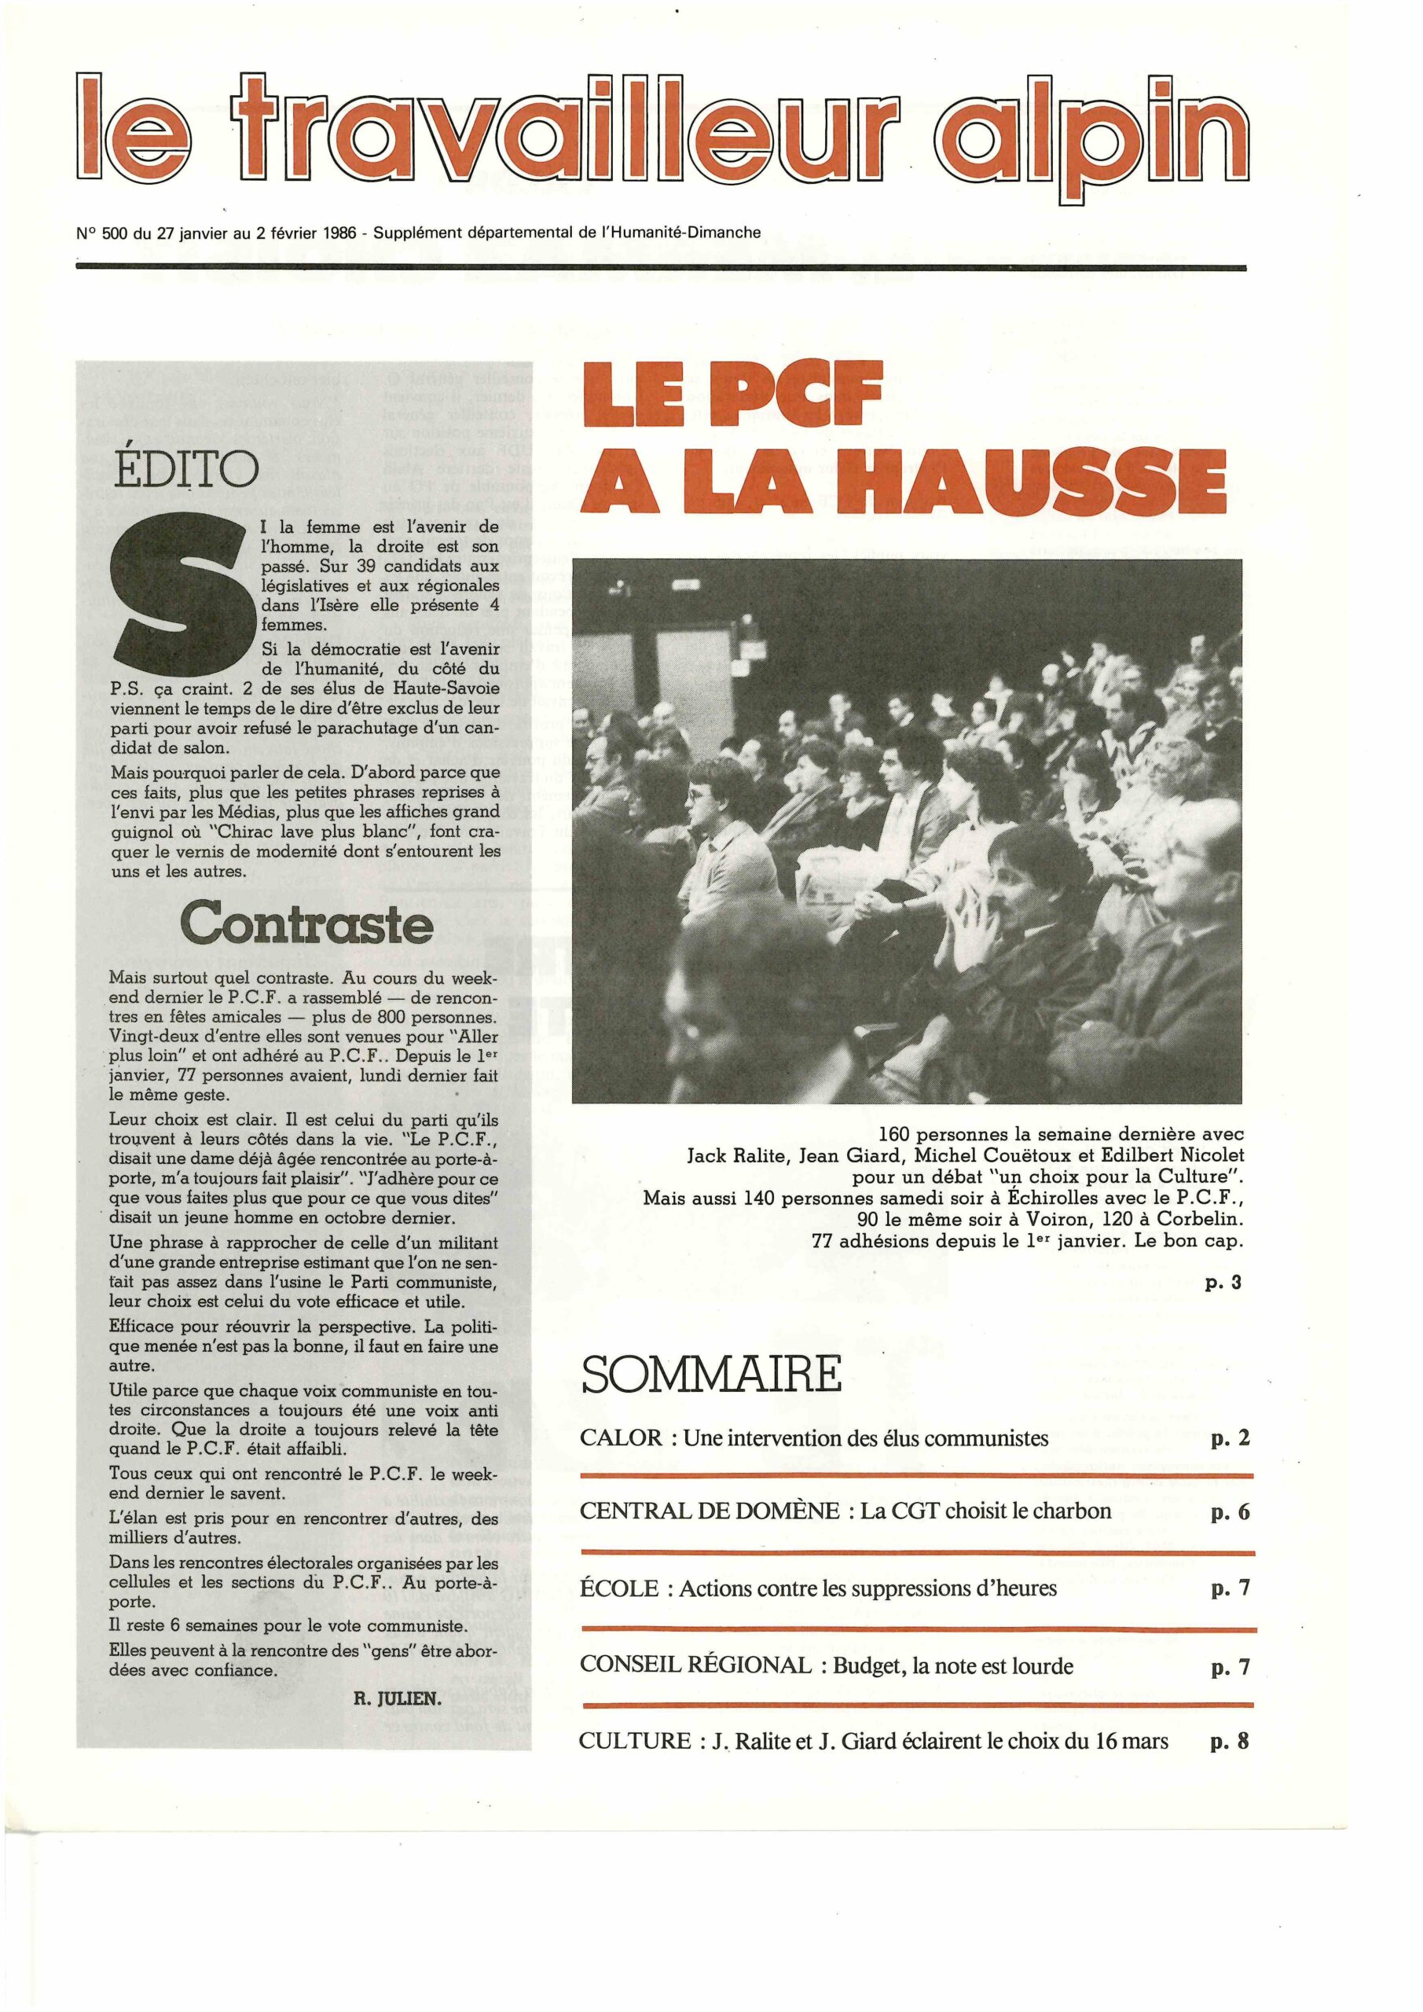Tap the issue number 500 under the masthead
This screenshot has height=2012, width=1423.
[115, 233]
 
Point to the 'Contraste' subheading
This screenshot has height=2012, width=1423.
[306, 923]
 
